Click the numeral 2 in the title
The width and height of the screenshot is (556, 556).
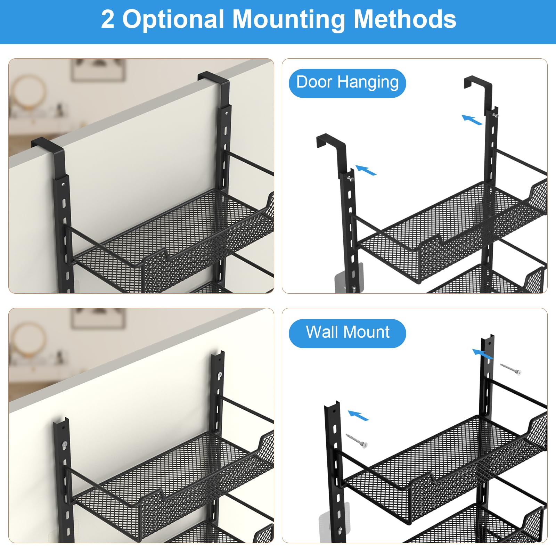click(x=108, y=19)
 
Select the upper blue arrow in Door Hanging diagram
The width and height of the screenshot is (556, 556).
click(x=472, y=120)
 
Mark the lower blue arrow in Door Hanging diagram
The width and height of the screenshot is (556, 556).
click(x=366, y=170)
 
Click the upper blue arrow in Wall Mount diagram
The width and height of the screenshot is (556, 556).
click(x=483, y=354)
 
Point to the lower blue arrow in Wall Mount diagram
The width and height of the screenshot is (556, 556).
click(x=358, y=416)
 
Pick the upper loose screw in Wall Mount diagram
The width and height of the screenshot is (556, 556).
click(x=510, y=369)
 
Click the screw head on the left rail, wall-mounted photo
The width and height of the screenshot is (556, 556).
click(x=65, y=444)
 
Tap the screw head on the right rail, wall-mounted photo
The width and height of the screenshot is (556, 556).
click(x=219, y=375)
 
